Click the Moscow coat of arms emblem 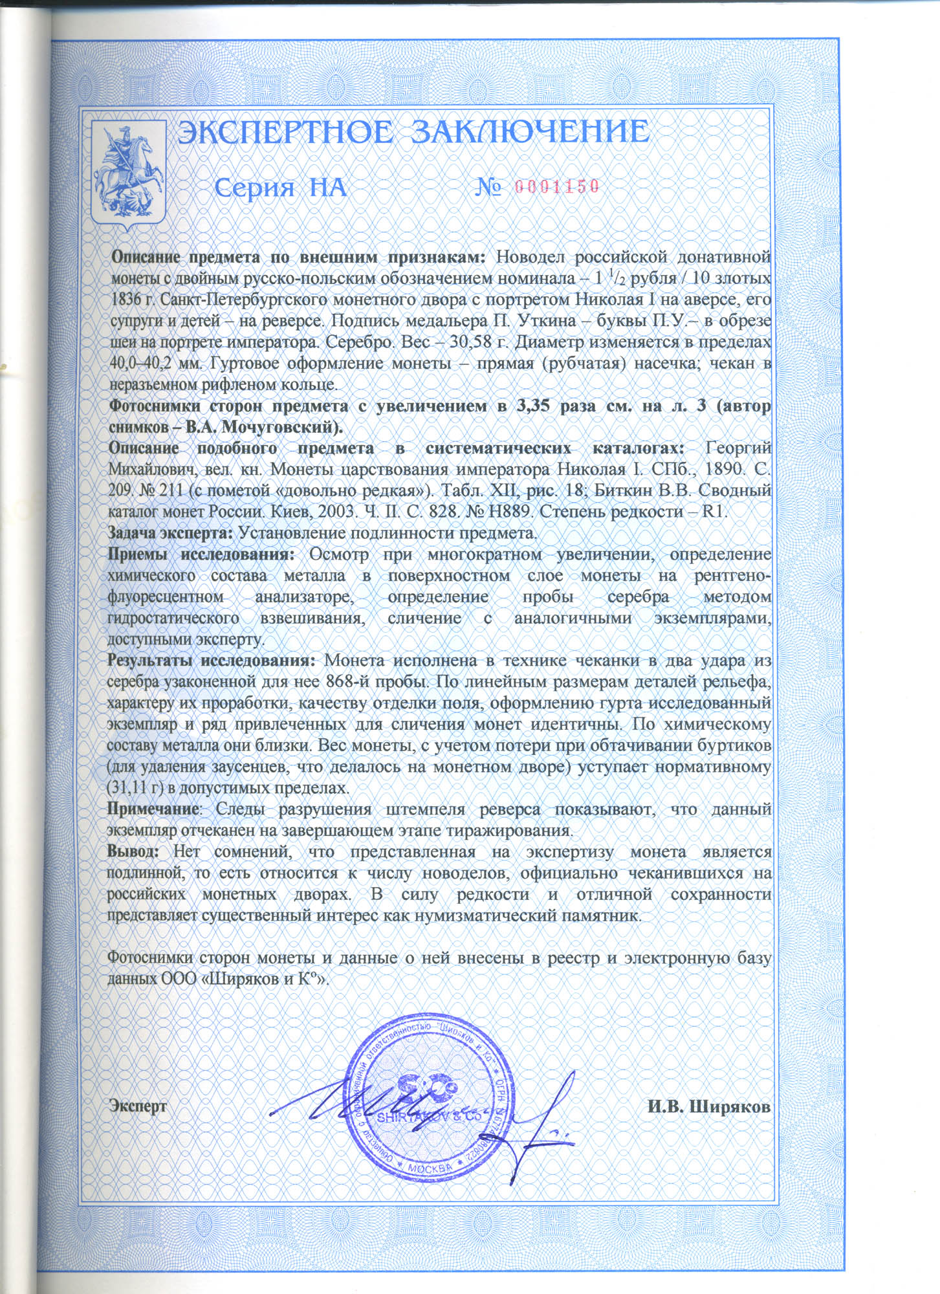click(129, 175)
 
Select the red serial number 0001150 click(558, 187)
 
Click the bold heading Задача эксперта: click(169, 533)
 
